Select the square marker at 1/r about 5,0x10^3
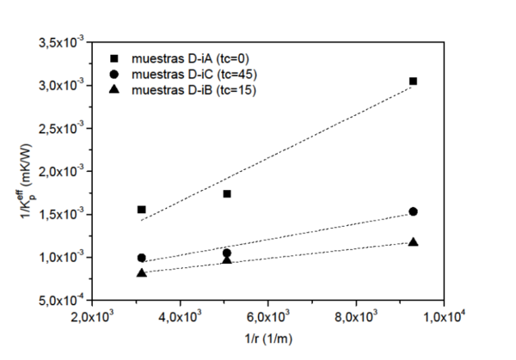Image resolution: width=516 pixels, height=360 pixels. (227, 193)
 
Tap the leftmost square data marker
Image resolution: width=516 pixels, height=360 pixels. (142, 210)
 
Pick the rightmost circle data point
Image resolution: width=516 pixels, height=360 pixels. (414, 211)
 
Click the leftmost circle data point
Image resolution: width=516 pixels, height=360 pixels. (142, 258)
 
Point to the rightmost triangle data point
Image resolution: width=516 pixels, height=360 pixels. (414, 242)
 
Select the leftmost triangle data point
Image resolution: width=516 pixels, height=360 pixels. (142, 273)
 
